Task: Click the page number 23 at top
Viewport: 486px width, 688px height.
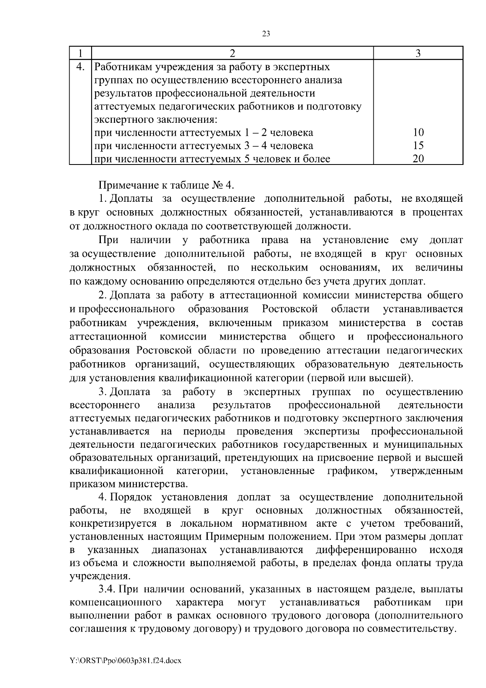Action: click(x=266, y=34)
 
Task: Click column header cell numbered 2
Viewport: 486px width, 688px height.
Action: click(x=232, y=53)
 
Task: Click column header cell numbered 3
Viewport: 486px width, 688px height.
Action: click(x=418, y=53)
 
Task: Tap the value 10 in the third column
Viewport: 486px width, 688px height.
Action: click(x=418, y=132)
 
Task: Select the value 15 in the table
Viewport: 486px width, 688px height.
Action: click(x=418, y=145)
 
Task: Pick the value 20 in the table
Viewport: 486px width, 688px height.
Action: click(x=418, y=159)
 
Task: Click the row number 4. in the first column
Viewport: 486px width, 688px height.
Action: click(x=80, y=67)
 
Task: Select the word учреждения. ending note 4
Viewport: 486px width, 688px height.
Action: click(x=100, y=576)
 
